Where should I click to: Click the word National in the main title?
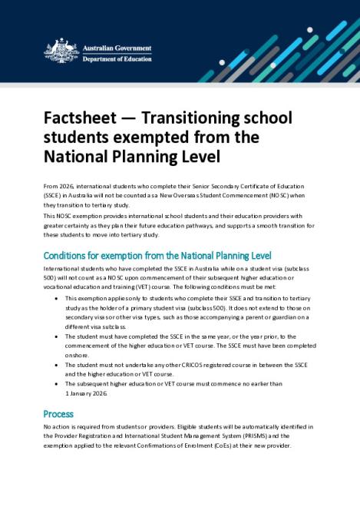pyautogui.click(x=78, y=156)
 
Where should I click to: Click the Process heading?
pyautogui.click(x=58, y=412)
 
